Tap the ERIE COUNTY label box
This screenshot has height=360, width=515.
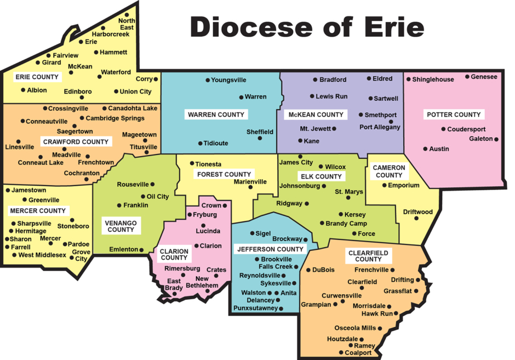[x=37, y=77]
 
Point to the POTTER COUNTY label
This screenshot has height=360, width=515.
[x=453, y=115]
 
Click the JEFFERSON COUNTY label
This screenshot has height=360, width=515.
[x=270, y=249]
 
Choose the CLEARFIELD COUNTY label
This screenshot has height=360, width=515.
[x=368, y=256]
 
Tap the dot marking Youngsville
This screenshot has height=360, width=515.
[x=208, y=81]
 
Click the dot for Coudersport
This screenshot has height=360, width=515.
[x=443, y=129]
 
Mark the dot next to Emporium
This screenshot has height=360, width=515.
[x=384, y=185]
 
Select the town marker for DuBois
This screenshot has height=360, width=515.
[x=308, y=270]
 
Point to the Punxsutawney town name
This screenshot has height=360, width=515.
[x=255, y=308]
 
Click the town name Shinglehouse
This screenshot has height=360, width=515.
[x=433, y=79]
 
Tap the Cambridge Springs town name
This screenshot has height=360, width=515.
[x=116, y=118]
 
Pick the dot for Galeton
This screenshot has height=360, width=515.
[x=496, y=139]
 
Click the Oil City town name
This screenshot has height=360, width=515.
[x=158, y=196]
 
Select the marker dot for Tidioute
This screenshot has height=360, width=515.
[x=200, y=143]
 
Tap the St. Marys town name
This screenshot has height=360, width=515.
[x=349, y=192]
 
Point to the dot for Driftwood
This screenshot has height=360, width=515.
[x=416, y=218]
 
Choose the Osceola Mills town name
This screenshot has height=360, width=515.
[x=356, y=328]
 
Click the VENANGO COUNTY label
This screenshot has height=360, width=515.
[x=121, y=226]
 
